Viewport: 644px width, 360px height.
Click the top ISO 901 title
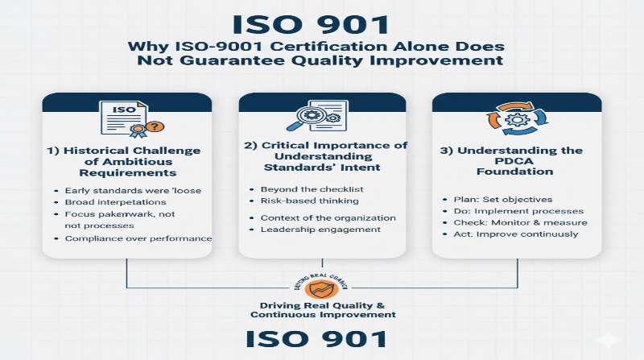[321, 23]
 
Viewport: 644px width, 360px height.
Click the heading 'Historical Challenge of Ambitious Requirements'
[127, 163]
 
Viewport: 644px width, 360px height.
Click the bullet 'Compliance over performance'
[138, 238]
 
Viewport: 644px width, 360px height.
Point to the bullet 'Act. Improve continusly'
[510, 234]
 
